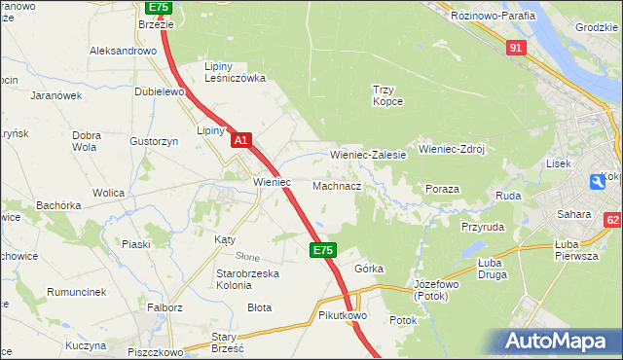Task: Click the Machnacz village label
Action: [337, 185]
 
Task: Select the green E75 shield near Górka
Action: [323, 251]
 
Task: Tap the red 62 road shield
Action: [611, 221]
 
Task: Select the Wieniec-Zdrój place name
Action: [451, 150]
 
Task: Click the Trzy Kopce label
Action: [387, 95]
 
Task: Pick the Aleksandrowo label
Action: [124, 50]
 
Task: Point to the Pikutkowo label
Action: [341, 316]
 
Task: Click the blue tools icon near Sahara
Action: [597, 181]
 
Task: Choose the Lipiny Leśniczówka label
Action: [234, 73]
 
